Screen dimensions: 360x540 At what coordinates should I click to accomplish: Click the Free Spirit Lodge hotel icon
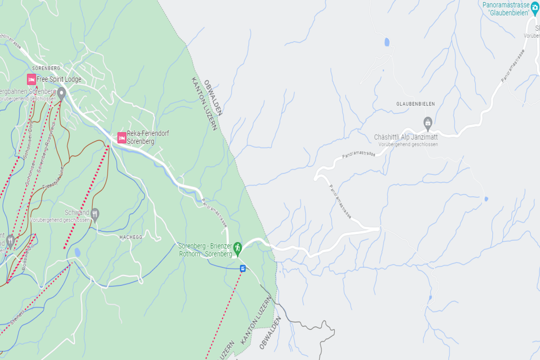pyautogui.click(x=31, y=80)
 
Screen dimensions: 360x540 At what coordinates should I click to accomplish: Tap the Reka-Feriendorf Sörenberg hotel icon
pyautogui.click(x=121, y=138)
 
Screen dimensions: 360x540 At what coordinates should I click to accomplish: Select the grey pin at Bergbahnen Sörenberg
pyautogui.click(x=61, y=93)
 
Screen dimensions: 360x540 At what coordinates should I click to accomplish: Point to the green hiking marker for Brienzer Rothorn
pyautogui.click(x=238, y=247)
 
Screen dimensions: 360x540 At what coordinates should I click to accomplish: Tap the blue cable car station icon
pyautogui.click(x=243, y=269)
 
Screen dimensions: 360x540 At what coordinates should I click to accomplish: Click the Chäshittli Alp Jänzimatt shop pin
pyautogui.click(x=428, y=122)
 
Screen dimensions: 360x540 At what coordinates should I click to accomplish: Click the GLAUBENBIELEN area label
pyautogui.click(x=415, y=104)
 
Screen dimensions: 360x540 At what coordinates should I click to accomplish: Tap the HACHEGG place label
pyautogui.click(x=131, y=237)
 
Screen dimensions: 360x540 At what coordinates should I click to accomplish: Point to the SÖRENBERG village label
pyautogui.click(x=46, y=68)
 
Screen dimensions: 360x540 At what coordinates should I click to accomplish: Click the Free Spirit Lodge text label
pyautogui.click(x=59, y=80)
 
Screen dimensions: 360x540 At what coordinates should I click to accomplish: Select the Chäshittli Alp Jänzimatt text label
pyautogui.click(x=406, y=137)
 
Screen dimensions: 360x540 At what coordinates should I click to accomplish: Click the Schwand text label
pyautogui.click(x=77, y=212)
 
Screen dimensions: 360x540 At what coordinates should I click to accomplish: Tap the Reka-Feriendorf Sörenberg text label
pyautogui.click(x=141, y=138)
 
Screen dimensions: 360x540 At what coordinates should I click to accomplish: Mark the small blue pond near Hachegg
pyautogui.click(x=77, y=252)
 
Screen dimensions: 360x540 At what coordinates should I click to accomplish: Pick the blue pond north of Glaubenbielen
pyautogui.click(x=387, y=42)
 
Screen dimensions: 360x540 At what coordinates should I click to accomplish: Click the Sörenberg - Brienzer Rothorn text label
pyautogui.click(x=205, y=250)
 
